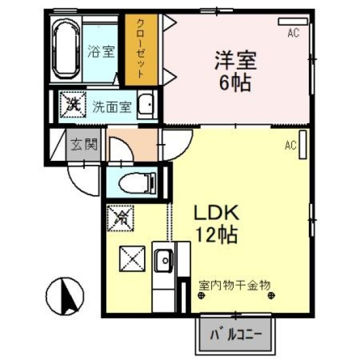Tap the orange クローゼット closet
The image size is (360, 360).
pyautogui.click(x=141, y=50)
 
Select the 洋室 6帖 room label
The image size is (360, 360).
pyautogui.click(x=235, y=71)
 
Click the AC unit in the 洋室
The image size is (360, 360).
pyautogui.click(x=292, y=21)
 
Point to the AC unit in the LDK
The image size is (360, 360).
pyautogui.click(x=303, y=145)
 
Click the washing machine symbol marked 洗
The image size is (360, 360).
pyautogui.click(x=73, y=105)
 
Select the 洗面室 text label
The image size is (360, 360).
pyautogui.click(x=112, y=107)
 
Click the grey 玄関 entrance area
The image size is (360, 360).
pyautogui.click(x=84, y=144)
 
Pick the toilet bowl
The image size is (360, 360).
pyautogui.click(x=137, y=183)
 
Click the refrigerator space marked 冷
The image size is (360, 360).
pyautogui.click(x=120, y=218)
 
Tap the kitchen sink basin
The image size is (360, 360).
pyautogui.click(x=164, y=260)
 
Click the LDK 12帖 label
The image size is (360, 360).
pyautogui.click(x=216, y=224)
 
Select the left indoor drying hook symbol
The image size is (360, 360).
pyautogui.click(x=201, y=295)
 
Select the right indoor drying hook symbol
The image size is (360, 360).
pyautogui.click(x=271, y=295)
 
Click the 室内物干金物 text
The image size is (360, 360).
pyautogui.click(x=235, y=285)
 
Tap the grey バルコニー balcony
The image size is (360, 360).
pyautogui.click(x=235, y=335)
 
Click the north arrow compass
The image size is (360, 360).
pyautogui.click(x=65, y=296)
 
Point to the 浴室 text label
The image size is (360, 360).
pyautogui.click(x=101, y=51)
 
